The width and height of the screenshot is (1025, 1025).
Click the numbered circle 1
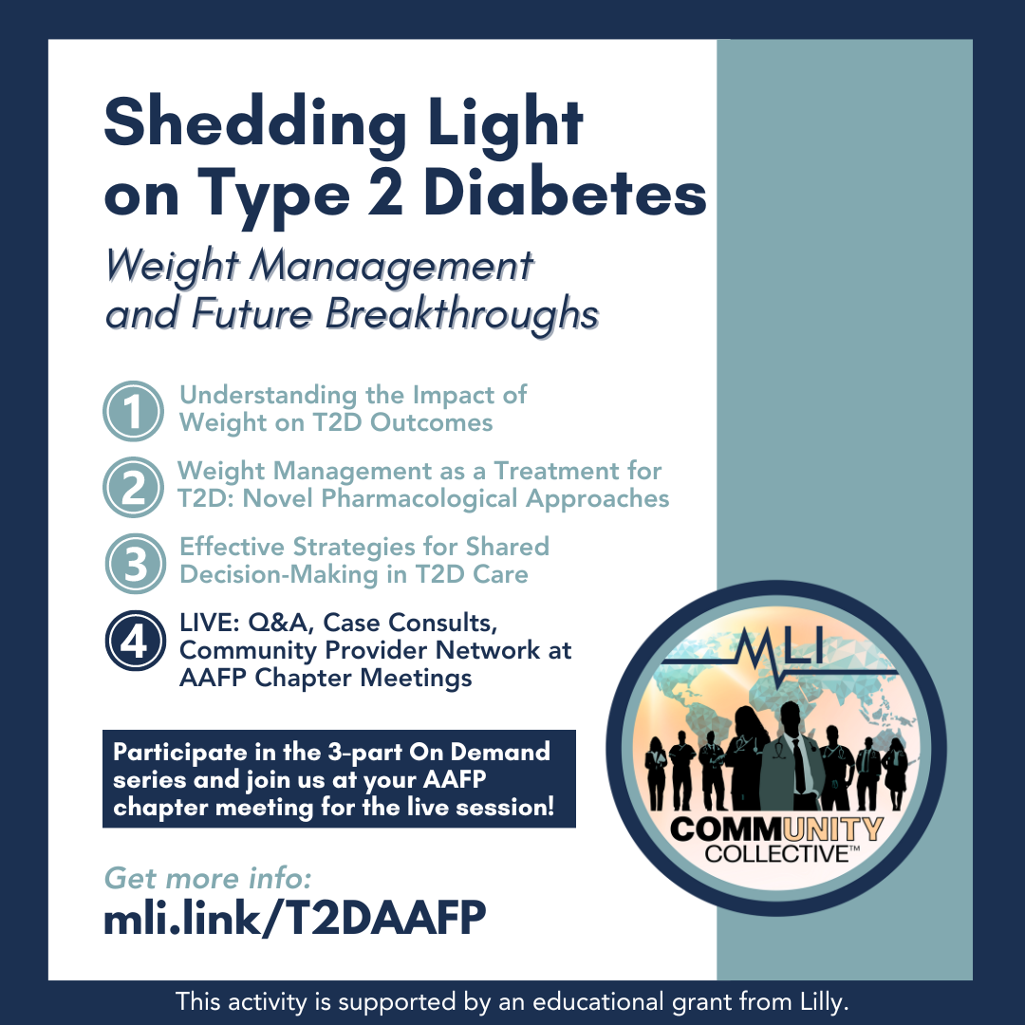pos(134,411)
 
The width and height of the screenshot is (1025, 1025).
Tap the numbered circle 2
pos(134,487)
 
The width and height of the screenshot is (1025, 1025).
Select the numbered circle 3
pos(136,564)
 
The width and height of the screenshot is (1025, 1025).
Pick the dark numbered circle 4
pos(136,640)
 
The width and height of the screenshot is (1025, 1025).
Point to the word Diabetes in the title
pos(566,194)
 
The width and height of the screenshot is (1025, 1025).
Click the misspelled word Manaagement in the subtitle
pos(391,268)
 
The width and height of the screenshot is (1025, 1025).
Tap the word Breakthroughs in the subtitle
pos(462,315)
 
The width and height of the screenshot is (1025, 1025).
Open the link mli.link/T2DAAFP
pos(295,918)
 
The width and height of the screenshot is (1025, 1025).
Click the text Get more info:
pos(208,878)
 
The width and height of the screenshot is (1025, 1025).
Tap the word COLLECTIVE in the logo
pos(776,854)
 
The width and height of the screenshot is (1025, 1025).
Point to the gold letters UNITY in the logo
pos(833,829)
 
